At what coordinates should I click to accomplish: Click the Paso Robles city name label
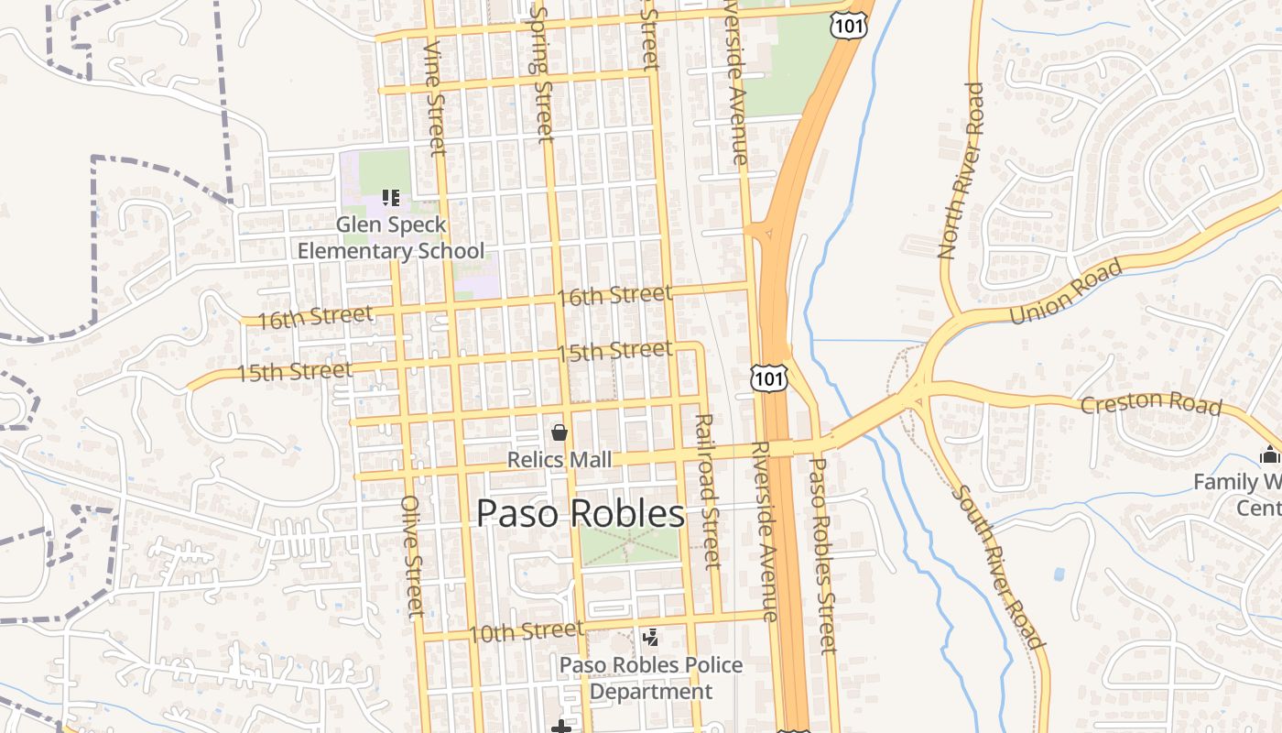point(580,514)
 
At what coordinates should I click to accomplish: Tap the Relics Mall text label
point(560,459)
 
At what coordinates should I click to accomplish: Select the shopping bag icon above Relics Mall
point(560,432)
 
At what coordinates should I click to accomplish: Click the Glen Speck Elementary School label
point(391,237)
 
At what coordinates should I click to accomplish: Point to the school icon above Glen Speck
point(391,197)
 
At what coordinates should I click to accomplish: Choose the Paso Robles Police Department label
point(650,678)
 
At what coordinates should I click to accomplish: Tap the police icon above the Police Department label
point(651,637)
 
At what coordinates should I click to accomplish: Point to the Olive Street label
point(412,556)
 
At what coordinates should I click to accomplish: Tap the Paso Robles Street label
point(821,555)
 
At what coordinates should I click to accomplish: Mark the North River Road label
point(961,170)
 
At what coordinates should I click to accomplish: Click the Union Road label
point(1066,292)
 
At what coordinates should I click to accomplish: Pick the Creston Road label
point(1151,403)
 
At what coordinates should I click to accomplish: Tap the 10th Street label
point(526,631)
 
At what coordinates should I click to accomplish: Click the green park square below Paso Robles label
point(630,545)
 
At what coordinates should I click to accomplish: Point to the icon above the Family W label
point(1269,454)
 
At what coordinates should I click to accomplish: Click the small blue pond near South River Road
point(1059,575)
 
